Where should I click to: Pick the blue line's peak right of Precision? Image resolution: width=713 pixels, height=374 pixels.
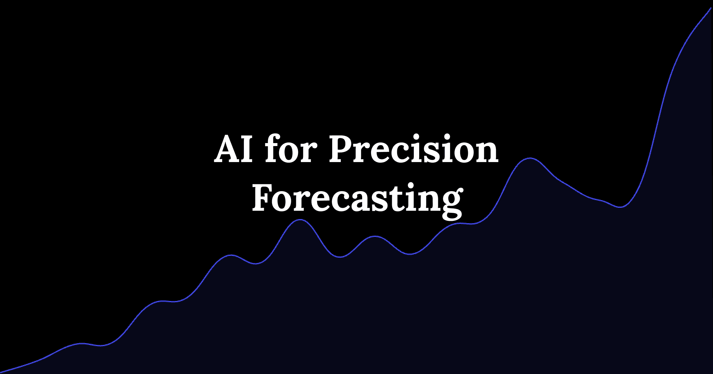(530, 158)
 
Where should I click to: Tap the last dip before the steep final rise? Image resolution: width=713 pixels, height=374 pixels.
(620, 207)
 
